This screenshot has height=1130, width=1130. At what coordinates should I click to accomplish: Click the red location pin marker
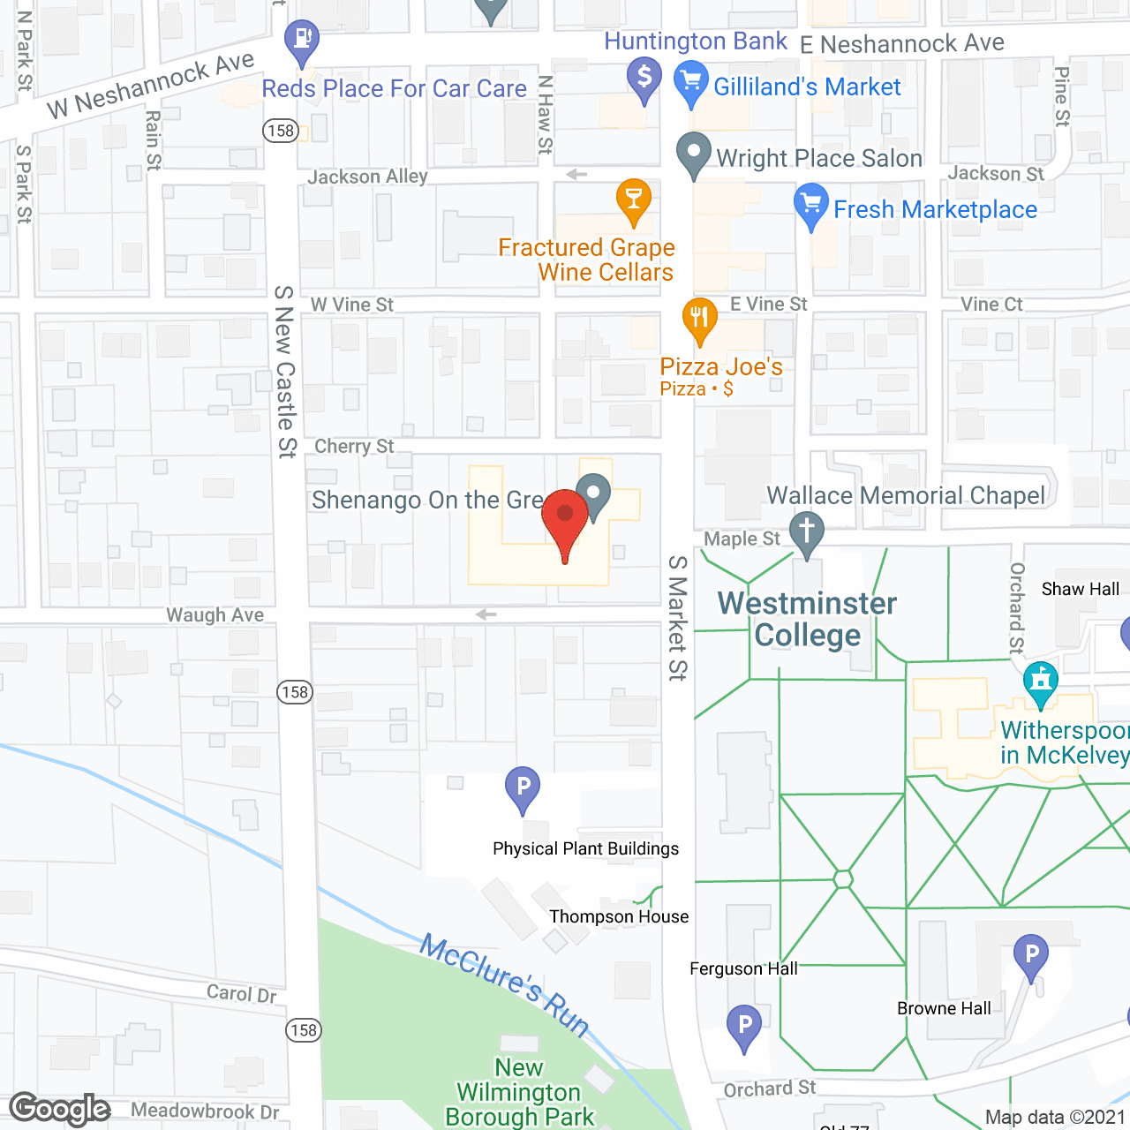point(565,516)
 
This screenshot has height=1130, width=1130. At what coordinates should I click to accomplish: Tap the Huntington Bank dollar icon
point(644,77)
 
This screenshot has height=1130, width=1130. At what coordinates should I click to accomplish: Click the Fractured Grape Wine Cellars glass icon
point(633,198)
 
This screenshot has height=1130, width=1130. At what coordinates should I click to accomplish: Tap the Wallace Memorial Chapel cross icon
point(806,532)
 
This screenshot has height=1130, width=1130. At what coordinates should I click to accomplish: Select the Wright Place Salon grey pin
point(694,152)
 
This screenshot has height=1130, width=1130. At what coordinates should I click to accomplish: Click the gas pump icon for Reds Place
point(302,39)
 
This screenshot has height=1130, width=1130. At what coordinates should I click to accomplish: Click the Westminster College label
point(807,619)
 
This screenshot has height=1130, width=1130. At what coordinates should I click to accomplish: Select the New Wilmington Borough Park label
point(519,1093)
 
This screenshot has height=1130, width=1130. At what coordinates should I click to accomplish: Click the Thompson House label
point(619,916)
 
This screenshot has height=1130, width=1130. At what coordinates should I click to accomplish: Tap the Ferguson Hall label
point(743,968)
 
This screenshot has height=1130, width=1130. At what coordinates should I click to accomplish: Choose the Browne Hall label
point(944,1008)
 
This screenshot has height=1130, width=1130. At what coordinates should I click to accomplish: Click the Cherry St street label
point(354,447)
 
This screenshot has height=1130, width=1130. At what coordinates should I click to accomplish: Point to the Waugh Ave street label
point(215,614)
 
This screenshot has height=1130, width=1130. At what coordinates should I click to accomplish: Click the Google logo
point(60,1109)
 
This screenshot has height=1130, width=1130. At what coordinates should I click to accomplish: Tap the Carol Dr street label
point(242,993)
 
